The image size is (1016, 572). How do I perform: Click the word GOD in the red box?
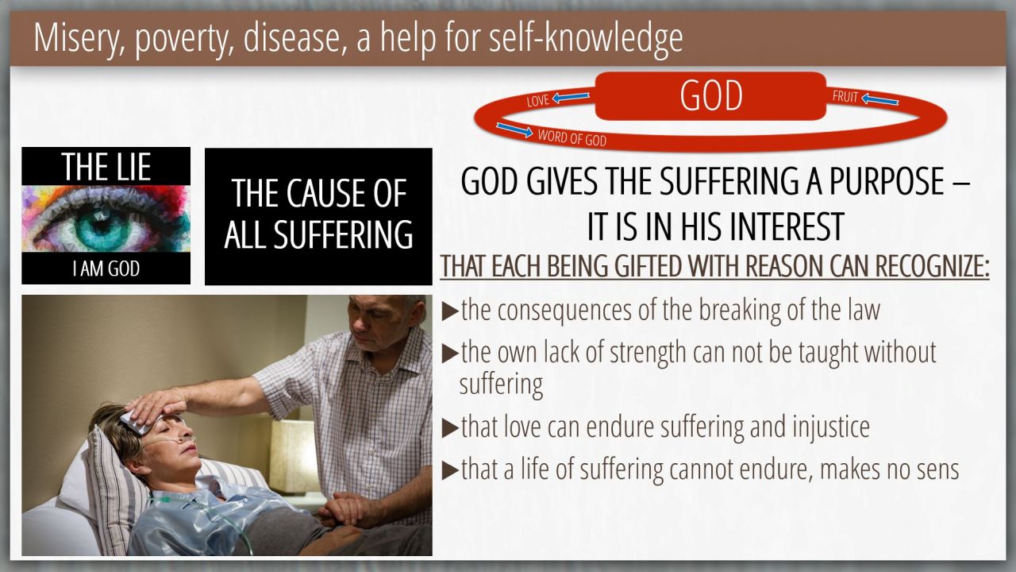pyautogui.click(x=710, y=95)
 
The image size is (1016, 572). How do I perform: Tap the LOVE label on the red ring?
pyautogui.click(x=538, y=100)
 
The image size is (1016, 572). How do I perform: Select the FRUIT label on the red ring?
pyautogui.click(x=845, y=97)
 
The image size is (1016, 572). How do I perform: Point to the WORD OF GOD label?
pyautogui.click(x=572, y=137)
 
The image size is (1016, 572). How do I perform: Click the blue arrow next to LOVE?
pyautogui.click(x=571, y=97)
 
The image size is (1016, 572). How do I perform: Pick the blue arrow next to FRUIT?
pyautogui.click(x=880, y=99)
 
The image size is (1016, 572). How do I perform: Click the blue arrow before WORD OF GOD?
pyautogui.click(x=514, y=129)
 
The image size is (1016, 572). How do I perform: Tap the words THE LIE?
pyautogui.click(x=106, y=167)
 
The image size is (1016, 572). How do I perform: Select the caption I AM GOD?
pyautogui.click(x=106, y=269)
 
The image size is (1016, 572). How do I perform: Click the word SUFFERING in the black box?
pyautogui.click(x=344, y=234)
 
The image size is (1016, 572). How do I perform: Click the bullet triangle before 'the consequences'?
pyautogui.click(x=450, y=311)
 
